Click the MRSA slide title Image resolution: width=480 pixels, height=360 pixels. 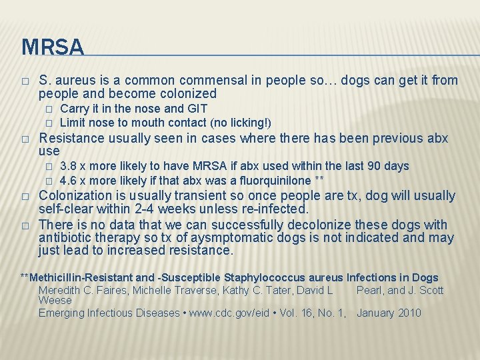coord(53,47)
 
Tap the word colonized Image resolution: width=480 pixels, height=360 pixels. coord(185,94)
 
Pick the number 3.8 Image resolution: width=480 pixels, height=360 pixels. coord(69,166)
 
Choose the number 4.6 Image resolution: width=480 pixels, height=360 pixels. coord(69,180)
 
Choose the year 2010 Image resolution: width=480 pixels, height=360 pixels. coord(408,313)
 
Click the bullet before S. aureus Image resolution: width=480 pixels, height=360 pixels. coord(25,81)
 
